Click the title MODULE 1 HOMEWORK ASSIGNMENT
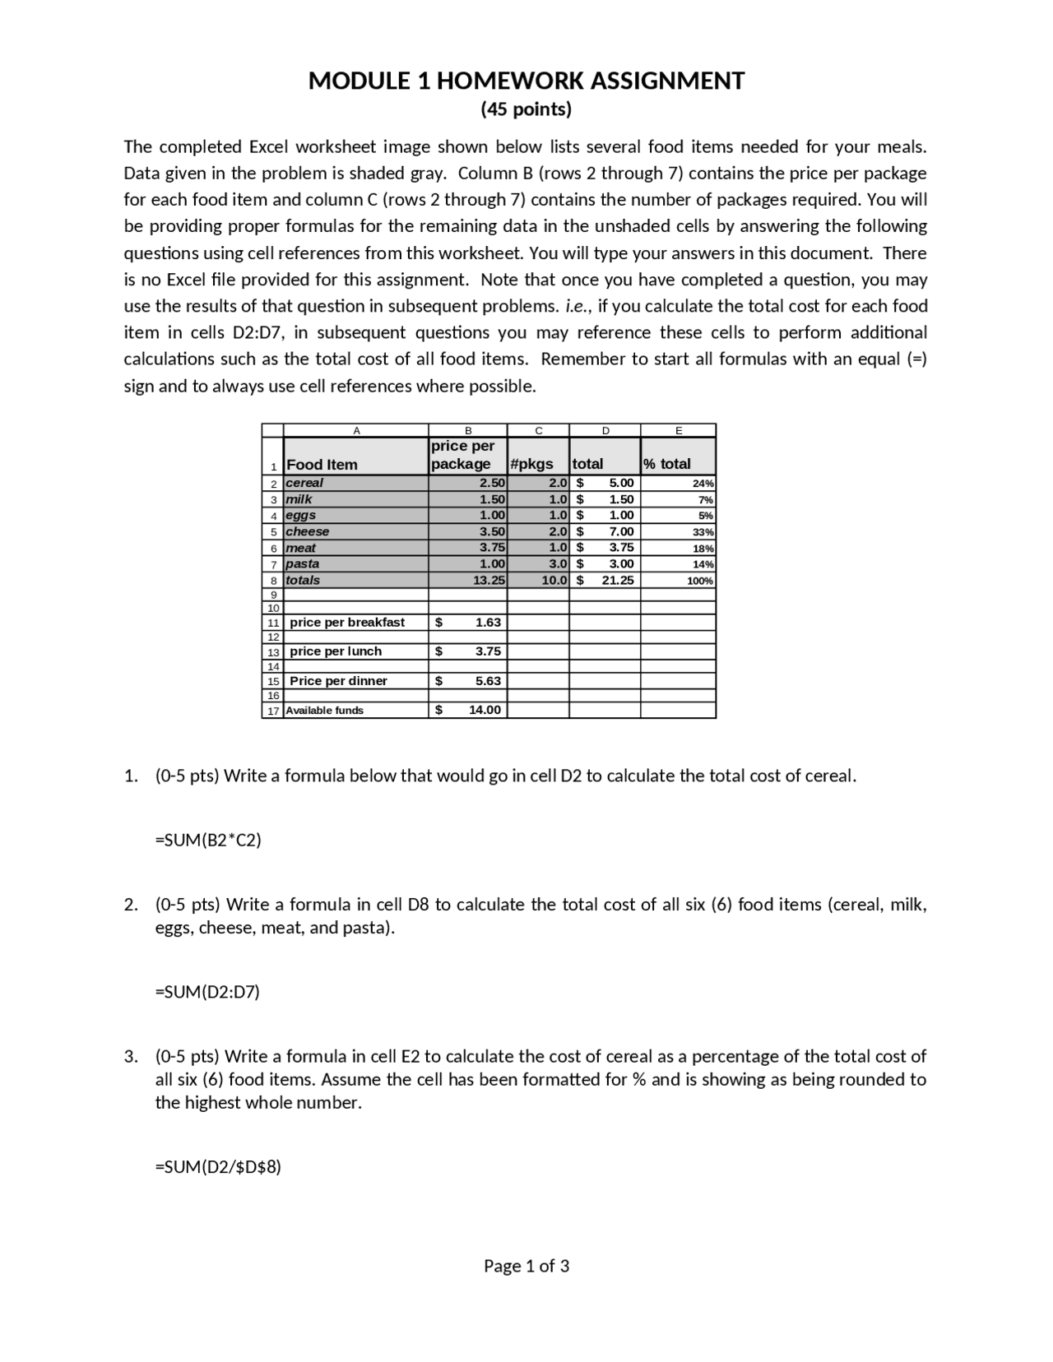(526, 81)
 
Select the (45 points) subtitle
(526, 109)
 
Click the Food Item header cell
(322, 464)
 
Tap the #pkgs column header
(531, 464)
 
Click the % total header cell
(667, 464)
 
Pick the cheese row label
(307, 531)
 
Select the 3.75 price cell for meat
(491, 548)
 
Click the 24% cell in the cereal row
(703, 484)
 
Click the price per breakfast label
(347, 623)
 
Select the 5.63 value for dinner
(487, 681)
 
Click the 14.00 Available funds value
(485, 710)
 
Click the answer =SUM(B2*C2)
(208, 840)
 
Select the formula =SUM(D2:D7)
(207, 992)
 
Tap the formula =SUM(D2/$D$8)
(218, 1166)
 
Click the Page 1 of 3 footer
(526, 1266)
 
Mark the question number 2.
(131, 905)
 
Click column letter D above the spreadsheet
(605, 430)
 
